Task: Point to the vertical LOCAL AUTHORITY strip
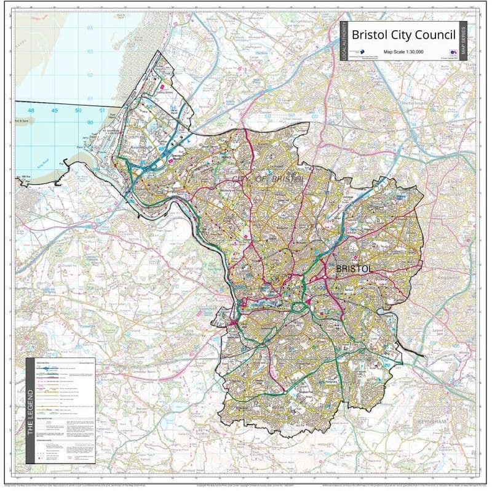[344, 41]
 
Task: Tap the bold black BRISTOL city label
[354, 269]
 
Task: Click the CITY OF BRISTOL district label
[268, 178]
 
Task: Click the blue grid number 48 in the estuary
[31, 111]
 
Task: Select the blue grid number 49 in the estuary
[55, 111]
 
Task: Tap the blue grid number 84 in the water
[90, 28]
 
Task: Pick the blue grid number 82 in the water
[90, 75]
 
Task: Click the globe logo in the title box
[362, 52]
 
